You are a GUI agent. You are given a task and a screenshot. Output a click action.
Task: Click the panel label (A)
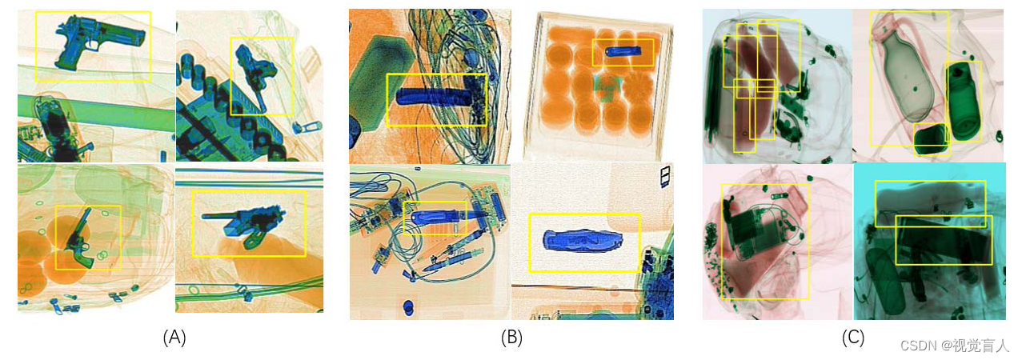point(174,338)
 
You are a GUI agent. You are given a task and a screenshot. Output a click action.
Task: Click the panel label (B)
point(511,338)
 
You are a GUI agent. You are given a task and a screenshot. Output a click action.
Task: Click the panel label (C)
point(853,338)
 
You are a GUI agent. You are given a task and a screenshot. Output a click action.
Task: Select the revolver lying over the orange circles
point(79,239)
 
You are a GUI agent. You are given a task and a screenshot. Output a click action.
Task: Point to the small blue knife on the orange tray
point(623,50)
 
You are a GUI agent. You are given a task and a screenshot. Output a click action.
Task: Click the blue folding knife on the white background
point(583,241)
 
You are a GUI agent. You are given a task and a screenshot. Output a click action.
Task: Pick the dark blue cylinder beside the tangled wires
point(434,97)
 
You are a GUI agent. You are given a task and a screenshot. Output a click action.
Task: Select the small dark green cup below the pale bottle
point(931,140)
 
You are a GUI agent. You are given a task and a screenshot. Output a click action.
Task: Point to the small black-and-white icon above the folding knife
point(665,176)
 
